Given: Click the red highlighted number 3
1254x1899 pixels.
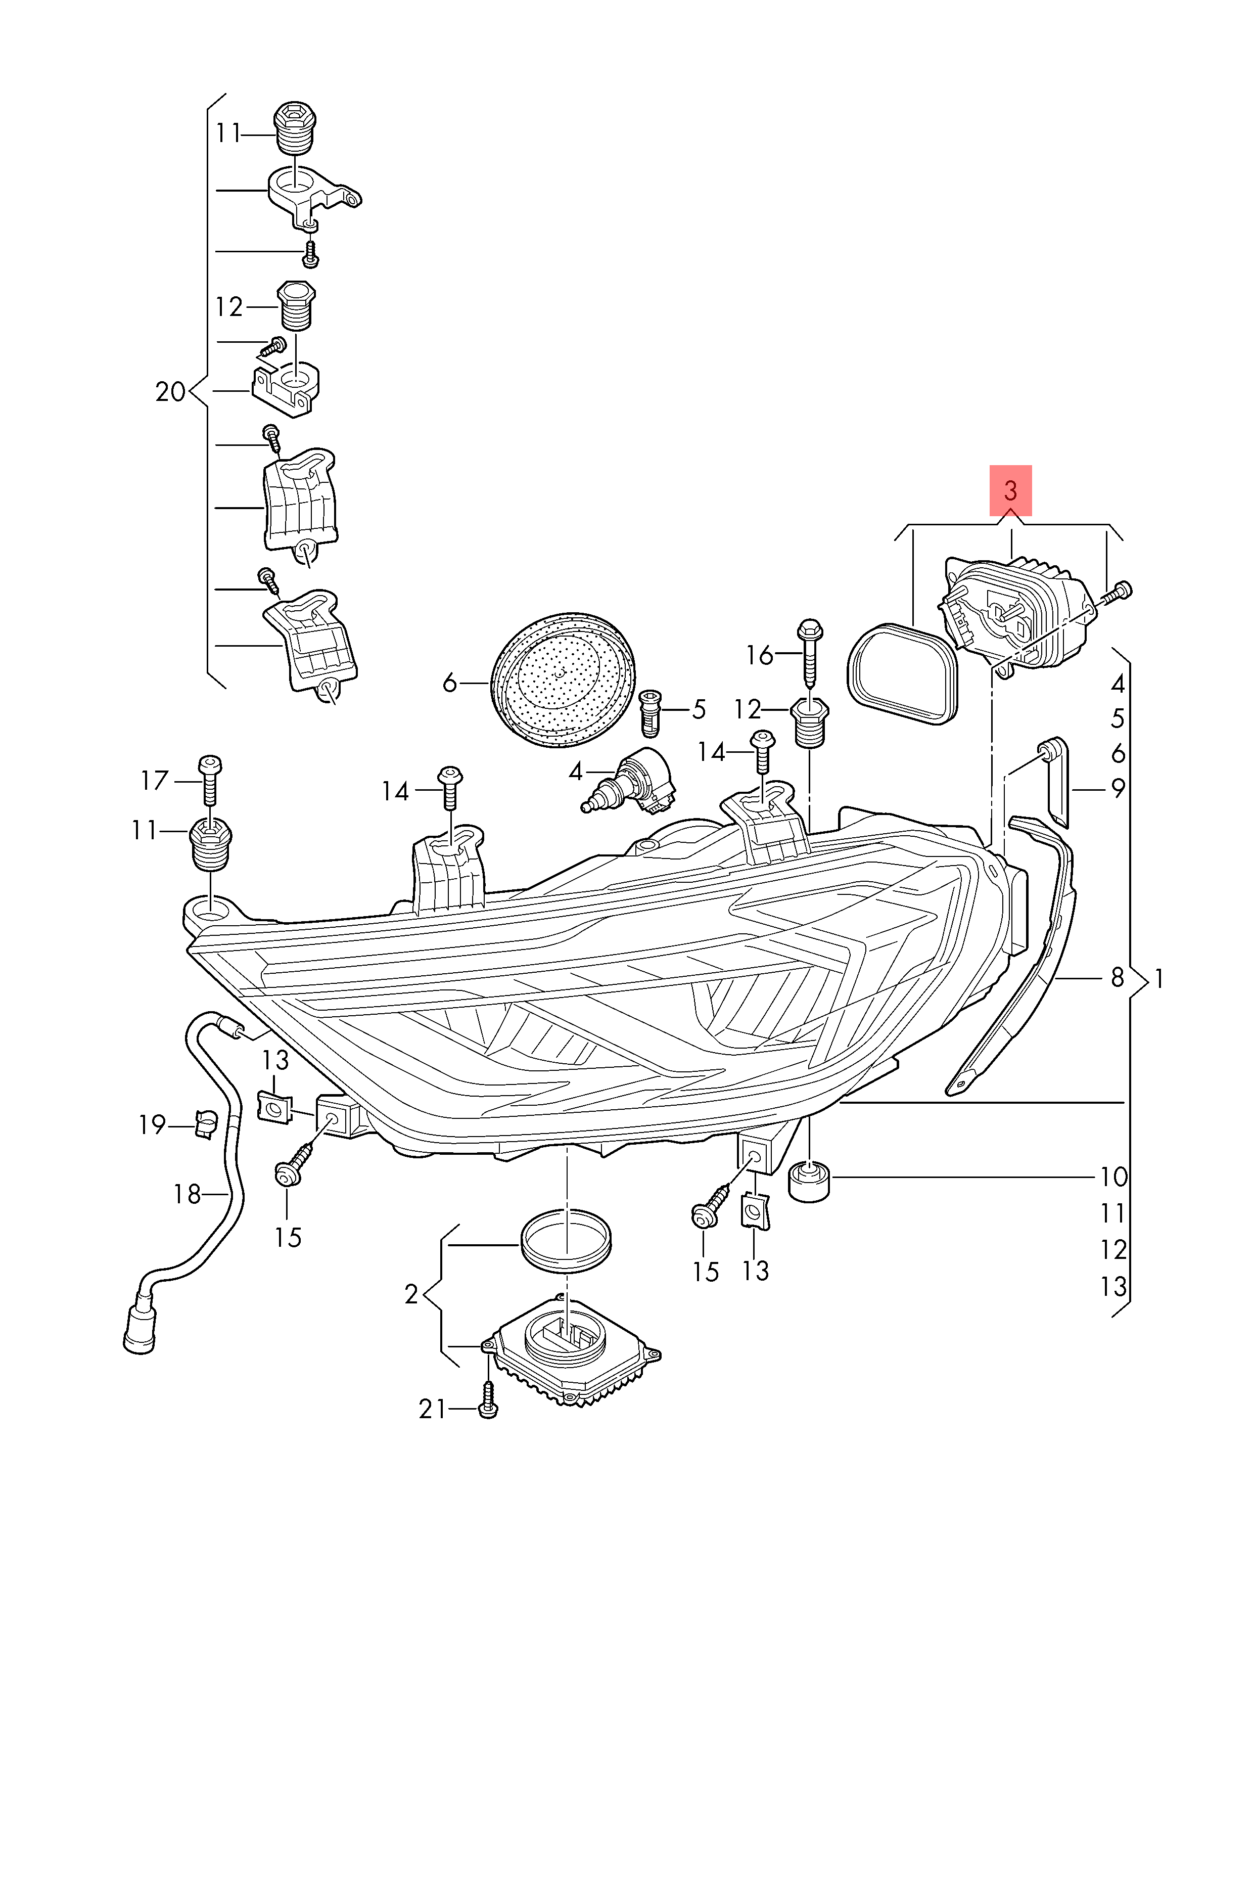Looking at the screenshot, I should pos(1010,490).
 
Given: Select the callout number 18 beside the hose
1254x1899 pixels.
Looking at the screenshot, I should pos(187,1194).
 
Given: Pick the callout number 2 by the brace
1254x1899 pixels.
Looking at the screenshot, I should pos(411,1293).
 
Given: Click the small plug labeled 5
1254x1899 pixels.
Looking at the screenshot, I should pos(651,712).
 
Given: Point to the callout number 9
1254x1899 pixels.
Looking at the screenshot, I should pos(1117,788).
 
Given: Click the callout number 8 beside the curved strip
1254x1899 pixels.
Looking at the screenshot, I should pos(1117,977).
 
